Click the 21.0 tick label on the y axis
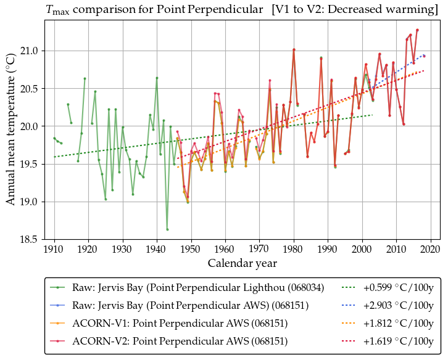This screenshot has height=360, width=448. point(30,51)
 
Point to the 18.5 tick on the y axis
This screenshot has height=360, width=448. point(30,239)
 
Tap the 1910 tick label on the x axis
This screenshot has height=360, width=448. point(54,250)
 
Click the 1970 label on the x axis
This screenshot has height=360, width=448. point(259,250)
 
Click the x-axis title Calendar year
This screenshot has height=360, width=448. point(242,263)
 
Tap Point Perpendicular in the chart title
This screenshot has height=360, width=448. point(214,10)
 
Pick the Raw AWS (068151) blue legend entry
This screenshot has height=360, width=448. point(188,306)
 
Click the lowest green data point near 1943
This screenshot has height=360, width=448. point(167,229)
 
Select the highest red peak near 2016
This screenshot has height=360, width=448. point(417,30)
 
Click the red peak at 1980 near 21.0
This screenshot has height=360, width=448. point(294,49)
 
